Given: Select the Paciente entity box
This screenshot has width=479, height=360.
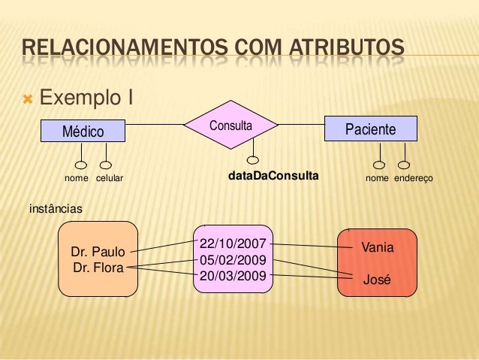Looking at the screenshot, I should (x=369, y=129).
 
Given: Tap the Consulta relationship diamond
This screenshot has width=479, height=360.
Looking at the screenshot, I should (x=230, y=126).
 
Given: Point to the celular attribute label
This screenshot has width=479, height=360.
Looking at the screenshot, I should (x=109, y=179).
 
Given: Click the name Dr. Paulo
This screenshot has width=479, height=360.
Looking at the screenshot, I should (x=98, y=252).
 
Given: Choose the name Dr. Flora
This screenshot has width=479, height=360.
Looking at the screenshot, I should (x=98, y=266).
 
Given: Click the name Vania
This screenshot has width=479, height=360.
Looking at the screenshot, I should (x=378, y=247).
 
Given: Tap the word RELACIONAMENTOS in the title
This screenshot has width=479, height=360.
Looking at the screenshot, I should (x=116, y=52).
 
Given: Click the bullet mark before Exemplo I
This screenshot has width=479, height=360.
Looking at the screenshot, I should (x=29, y=98).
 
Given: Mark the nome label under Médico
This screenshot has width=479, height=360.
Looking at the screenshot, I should (x=76, y=179).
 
